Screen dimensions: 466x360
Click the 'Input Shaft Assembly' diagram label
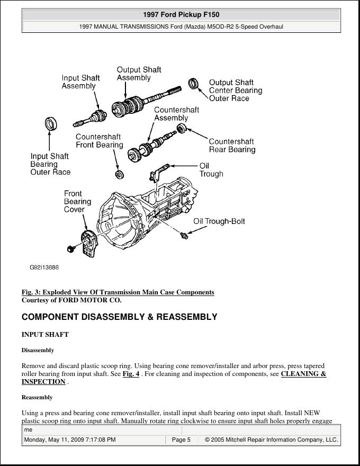(x=80, y=82)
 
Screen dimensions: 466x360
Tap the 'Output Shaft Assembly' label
(x=139, y=74)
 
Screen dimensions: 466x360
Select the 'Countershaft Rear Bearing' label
(x=232, y=146)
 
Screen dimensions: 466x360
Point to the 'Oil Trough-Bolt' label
(x=219, y=221)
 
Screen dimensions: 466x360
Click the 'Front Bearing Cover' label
(x=77, y=202)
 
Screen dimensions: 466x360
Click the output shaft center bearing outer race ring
(x=194, y=83)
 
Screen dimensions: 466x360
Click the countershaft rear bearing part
(x=181, y=128)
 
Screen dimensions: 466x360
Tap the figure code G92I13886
(x=44, y=267)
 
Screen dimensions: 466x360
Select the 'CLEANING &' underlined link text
(x=303, y=374)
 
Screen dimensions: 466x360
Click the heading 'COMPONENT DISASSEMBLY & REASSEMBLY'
(x=119, y=317)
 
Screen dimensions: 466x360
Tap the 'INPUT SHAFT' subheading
(x=45, y=335)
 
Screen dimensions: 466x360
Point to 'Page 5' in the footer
(x=181, y=440)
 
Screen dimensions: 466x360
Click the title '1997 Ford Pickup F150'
(x=181, y=15)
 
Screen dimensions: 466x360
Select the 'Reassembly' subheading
(x=37, y=397)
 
